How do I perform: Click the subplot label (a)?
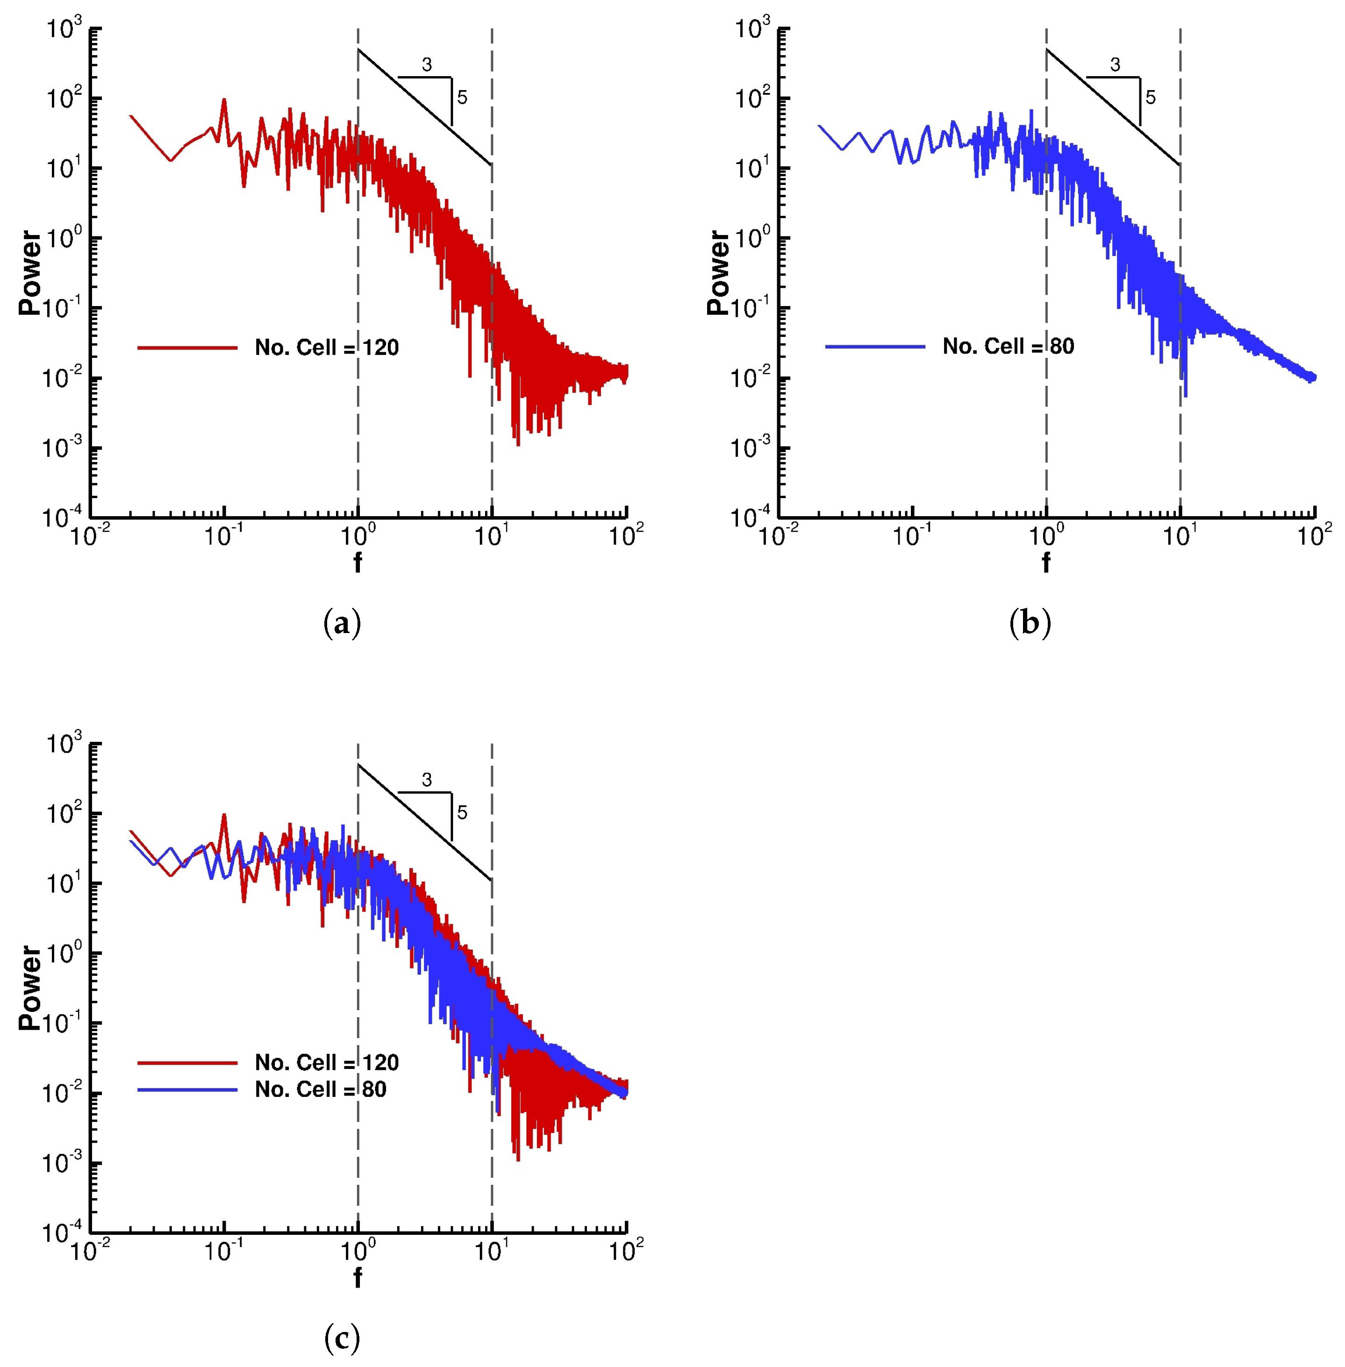click(x=342, y=624)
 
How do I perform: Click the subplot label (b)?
click(x=1030, y=624)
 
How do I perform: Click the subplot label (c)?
click(x=342, y=1338)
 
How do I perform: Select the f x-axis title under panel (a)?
click(x=358, y=563)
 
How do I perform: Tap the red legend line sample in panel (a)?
click(x=187, y=348)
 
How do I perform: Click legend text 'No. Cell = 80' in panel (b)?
click(x=1008, y=346)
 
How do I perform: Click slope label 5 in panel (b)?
click(x=1151, y=98)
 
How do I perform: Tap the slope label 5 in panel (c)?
click(x=462, y=813)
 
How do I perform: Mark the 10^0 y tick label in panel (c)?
click(x=64, y=953)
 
